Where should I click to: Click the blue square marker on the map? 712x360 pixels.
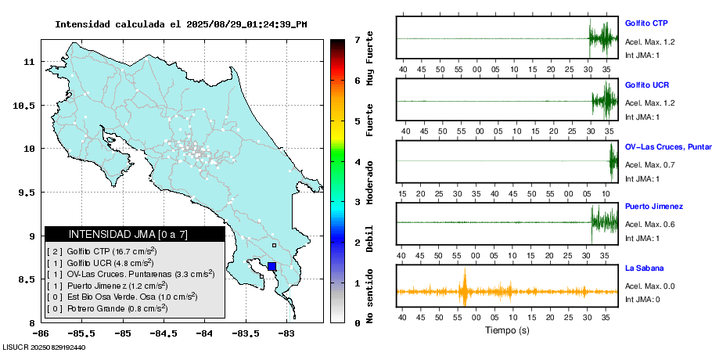tap(271, 266)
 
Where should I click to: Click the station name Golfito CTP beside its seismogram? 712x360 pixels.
tap(645, 23)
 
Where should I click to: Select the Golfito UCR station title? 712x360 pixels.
tap(646, 85)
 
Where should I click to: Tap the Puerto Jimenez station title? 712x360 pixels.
tap(654, 207)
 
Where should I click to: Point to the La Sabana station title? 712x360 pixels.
tap(645, 268)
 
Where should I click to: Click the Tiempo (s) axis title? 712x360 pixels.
tap(508, 330)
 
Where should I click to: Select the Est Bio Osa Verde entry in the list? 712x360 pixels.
tap(120, 297)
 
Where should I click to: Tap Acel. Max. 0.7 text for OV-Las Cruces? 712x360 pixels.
tap(649, 164)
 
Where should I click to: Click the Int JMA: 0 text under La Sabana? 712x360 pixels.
tap(642, 299)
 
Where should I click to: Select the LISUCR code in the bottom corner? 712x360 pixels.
tap(44, 347)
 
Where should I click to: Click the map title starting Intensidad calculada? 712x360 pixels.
tap(181, 24)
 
